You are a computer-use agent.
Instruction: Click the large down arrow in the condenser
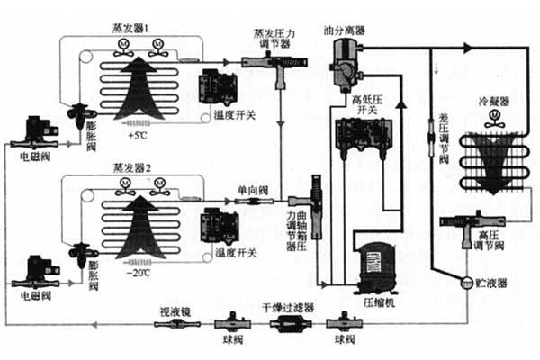click(x=490, y=162)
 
